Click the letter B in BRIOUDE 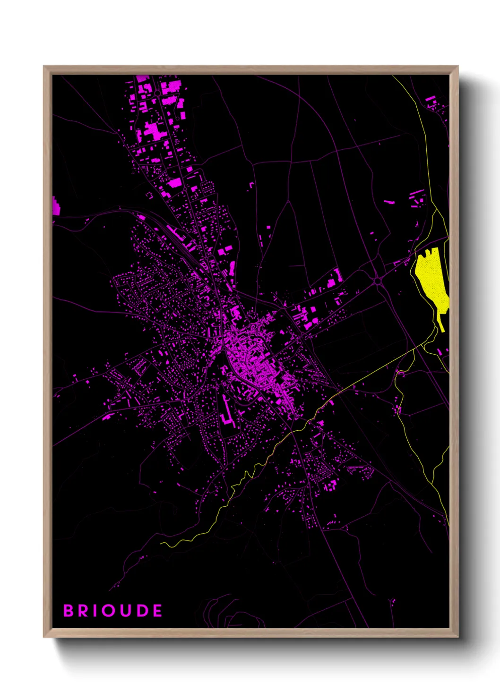[x=69, y=611]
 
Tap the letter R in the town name [x=84, y=611]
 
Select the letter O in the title [x=110, y=611]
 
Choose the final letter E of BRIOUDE [x=157, y=611]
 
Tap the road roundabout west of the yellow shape [x=378, y=281]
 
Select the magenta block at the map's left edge [x=56, y=206]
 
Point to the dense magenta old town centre [x=248, y=359]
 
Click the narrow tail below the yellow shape [x=440, y=325]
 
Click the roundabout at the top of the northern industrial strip [x=156, y=94]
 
